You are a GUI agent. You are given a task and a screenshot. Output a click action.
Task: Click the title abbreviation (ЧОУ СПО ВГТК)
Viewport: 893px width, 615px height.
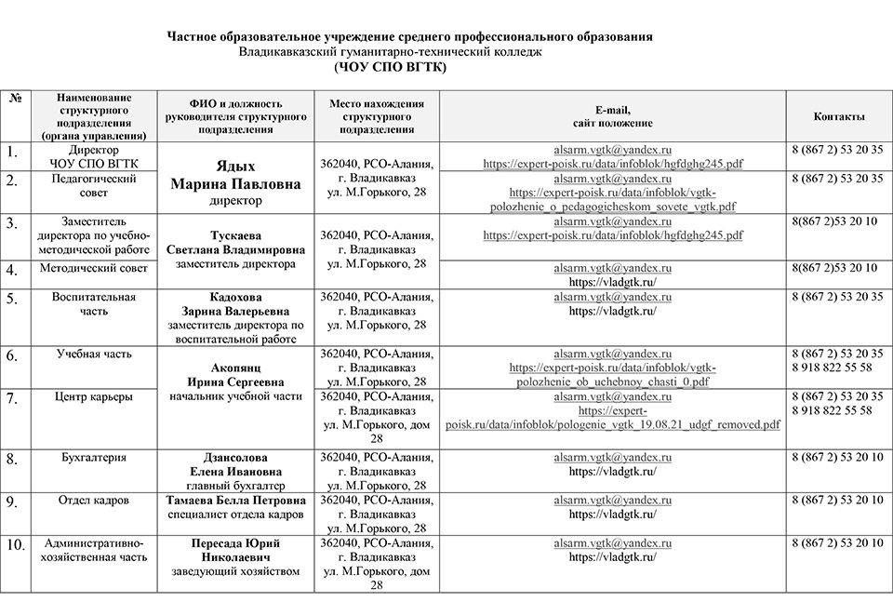[390, 68]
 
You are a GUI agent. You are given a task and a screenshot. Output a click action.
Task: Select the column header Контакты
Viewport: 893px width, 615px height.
[839, 116]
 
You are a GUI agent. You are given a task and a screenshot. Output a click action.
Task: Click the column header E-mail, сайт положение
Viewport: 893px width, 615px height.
[611, 116]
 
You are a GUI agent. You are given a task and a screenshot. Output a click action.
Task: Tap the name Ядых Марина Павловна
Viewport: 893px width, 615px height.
[235, 176]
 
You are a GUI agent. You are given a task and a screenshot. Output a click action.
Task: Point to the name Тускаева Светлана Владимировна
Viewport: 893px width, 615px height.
[235, 243]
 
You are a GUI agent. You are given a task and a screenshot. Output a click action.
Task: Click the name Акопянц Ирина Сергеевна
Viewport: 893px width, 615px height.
[235, 375]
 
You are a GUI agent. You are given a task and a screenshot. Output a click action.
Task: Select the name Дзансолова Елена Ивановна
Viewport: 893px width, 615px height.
[235, 464]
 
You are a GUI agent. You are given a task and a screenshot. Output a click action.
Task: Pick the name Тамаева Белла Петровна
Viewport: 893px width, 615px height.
[235, 501]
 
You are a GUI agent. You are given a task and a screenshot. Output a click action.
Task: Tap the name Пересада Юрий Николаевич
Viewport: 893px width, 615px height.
[235, 550]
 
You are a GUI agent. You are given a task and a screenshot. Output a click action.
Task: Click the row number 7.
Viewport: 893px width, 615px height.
[14, 398]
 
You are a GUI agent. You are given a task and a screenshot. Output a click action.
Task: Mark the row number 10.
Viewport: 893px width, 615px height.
[15, 544]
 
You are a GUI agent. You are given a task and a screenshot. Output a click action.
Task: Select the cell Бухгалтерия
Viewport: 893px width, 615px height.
[93, 458]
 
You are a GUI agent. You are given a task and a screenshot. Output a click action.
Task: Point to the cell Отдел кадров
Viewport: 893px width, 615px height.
[93, 501]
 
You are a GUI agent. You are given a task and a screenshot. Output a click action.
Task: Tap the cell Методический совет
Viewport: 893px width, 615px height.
[93, 268]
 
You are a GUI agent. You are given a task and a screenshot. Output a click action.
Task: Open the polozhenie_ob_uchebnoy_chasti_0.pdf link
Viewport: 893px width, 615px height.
[611, 381]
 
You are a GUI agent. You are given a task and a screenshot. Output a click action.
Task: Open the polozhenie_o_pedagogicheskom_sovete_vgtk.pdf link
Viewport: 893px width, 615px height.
[611, 206]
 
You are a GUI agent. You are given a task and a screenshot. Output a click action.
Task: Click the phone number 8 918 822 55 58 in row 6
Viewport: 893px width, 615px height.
[832, 368]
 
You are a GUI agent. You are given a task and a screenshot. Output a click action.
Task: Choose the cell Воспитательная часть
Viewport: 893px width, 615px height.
[93, 304]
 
